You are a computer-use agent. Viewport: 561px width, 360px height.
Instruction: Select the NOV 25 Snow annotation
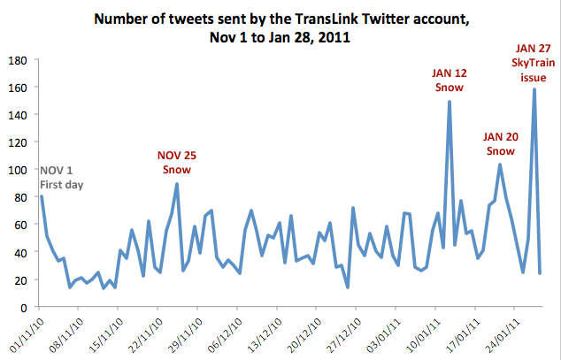point(176,162)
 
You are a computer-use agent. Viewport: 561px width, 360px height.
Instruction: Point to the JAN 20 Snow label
point(500,143)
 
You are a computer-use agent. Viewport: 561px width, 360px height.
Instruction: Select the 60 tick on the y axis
point(19,225)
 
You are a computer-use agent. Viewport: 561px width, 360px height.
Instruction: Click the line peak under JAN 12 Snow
point(450,102)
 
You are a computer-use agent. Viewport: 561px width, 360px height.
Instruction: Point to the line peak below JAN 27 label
point(534,89)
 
